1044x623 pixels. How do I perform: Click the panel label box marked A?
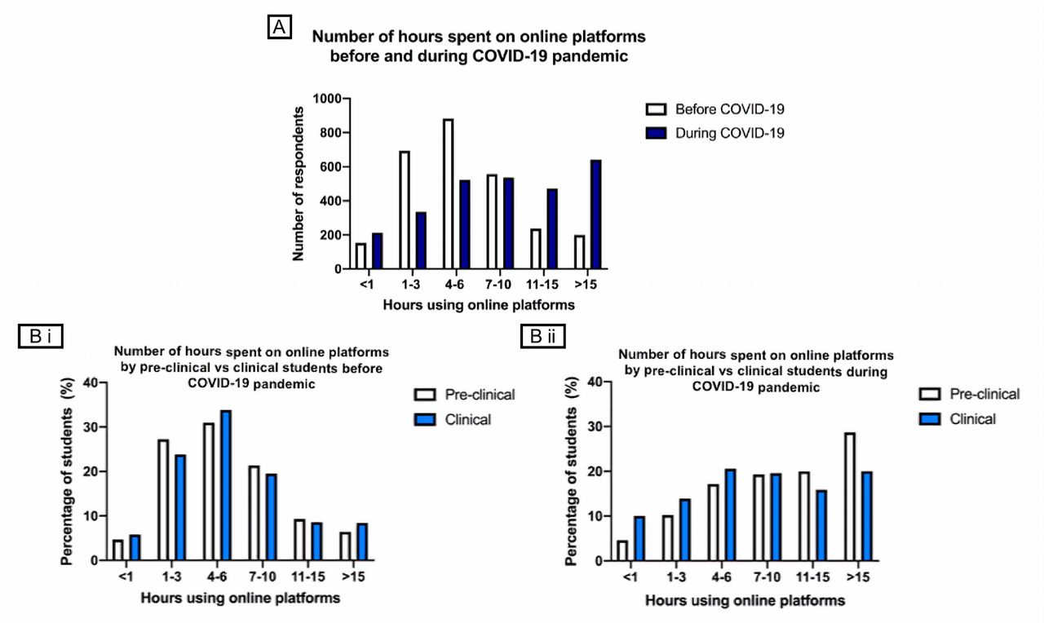tap(280, 27)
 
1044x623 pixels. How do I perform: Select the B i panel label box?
tap(41, 336)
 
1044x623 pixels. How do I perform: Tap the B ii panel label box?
tap(543, 336)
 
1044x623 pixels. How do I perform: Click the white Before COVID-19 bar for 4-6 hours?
tap(449, 194)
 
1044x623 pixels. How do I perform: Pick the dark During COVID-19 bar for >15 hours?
tap(595, 214)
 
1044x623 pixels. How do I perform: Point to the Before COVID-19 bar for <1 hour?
tap(361, 256)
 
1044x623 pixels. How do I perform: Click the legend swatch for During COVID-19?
tap(656, 133)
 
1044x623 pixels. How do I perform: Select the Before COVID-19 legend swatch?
tap(656, 109)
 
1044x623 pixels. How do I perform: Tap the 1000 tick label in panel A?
tap(327, 99)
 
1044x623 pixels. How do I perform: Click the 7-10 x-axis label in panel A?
tap(498, 285)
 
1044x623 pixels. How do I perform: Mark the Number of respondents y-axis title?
tap(299, 184)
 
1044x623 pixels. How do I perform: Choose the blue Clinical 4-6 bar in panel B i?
tap(226, 485)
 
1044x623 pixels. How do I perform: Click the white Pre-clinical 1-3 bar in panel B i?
tap(163, 500)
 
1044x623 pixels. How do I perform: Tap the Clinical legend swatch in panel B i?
tap(425, 420)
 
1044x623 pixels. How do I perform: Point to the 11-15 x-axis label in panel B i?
tap(308, 577)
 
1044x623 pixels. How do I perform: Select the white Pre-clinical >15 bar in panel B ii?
tap(850, 497)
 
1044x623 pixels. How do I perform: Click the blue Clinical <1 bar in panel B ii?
tap(639, 538)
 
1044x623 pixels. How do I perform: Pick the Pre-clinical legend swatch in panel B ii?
tap(929, 394)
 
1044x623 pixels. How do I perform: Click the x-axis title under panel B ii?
tap(745, 601)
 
